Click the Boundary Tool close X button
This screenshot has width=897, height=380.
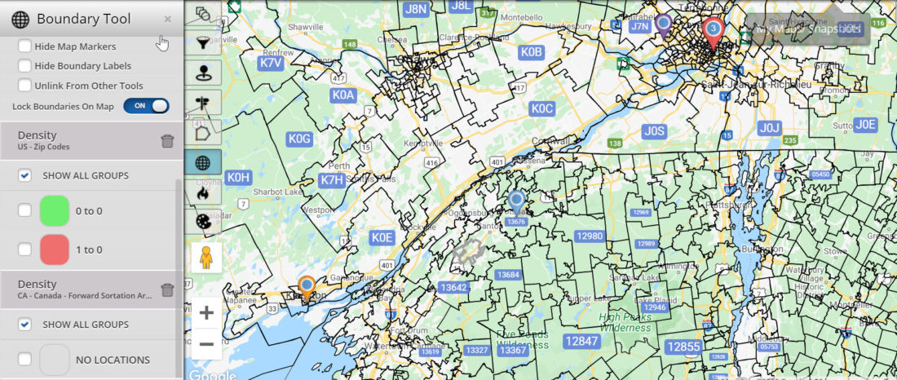[167, 19]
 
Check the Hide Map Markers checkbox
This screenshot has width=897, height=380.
[25, 46]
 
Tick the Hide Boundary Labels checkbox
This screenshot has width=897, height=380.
[25, 66]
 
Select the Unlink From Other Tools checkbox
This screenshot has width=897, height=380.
[25, 86]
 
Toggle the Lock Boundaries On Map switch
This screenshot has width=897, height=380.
[147, 106]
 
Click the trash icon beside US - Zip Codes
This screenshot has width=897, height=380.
[167, 141]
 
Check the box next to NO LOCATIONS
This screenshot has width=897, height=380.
[25, 359]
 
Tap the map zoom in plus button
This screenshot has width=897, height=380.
[206, 313]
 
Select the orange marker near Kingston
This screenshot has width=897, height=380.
[307, 286]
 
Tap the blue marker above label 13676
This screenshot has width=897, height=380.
[515, 199]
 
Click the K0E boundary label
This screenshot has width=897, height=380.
[382, 237]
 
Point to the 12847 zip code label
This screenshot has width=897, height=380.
[581, 342]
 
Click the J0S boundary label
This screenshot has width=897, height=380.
[654, 130]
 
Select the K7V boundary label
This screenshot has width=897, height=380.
[272, 62]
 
